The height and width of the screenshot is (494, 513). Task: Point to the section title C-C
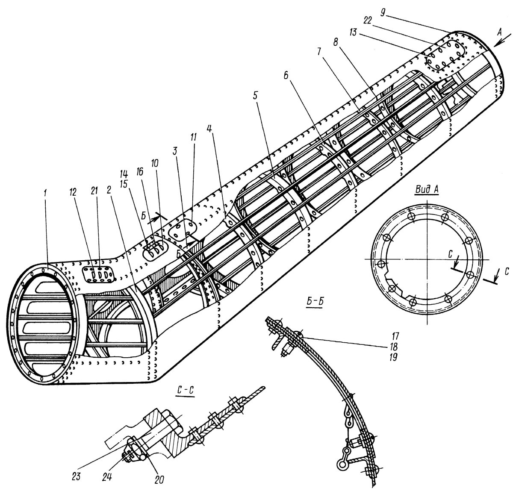pos(186,390)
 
